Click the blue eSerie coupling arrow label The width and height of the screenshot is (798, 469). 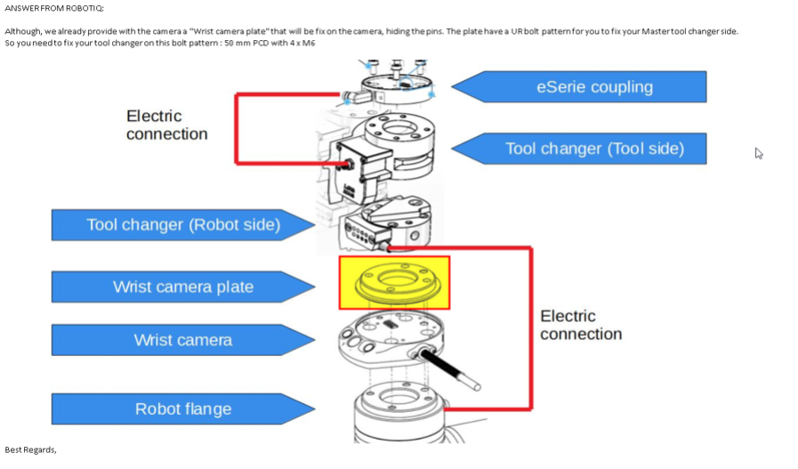[594, 87]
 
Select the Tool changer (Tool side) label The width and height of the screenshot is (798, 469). [594, 149]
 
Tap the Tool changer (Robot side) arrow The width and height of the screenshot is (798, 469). [182, 225]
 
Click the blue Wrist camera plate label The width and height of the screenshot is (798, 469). [182, 287]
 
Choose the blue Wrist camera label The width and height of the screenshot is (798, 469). [182, 340]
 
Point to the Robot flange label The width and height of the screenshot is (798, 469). [182, 409]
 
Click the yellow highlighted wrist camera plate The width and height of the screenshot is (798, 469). [394, 283]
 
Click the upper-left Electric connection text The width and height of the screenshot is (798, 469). [166, 125]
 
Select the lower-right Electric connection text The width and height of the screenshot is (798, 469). [580, 325]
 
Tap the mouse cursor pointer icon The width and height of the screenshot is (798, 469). [759, 153]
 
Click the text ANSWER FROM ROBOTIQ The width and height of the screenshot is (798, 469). [54, 8]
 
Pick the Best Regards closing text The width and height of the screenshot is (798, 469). [30, 449]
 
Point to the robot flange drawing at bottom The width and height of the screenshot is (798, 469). [400, 414]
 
